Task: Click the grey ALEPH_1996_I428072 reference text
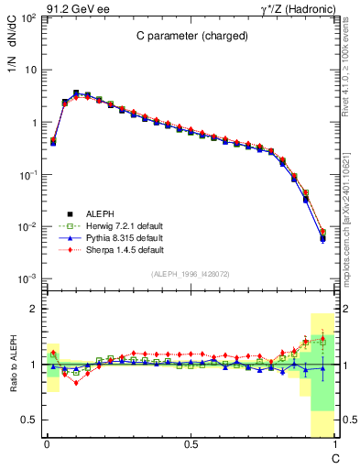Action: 189,274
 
